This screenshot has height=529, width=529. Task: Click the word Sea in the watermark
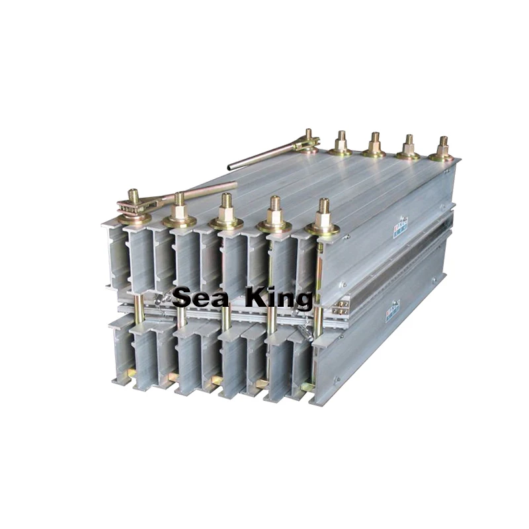click(x=200, y=298)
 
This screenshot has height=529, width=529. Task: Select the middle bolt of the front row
click(x=226, y=208)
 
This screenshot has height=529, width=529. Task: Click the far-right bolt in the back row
click(x=442, y=145)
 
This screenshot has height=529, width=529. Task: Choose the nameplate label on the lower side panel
click(x=393, y=308)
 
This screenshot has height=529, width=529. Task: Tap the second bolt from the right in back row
click(x=408, y=144)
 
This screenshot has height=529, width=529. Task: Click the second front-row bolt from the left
click(x=179, y=204)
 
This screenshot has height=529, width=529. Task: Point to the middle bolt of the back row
click(x=375, y=142)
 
